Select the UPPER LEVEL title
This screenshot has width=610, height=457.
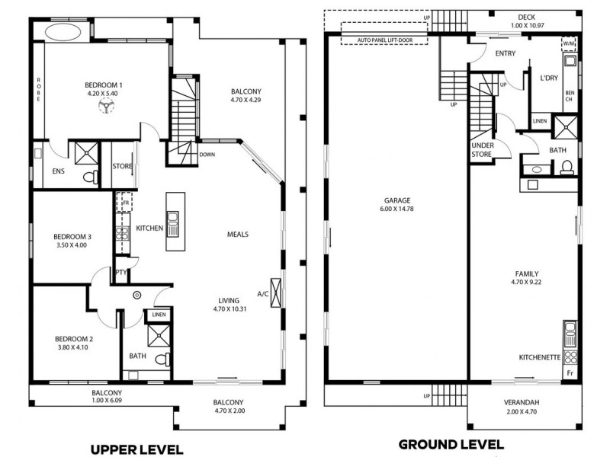click(x=137, y=449)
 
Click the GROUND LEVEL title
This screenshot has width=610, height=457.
click(x=451, y=444)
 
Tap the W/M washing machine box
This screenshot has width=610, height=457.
click(x=570, y=44)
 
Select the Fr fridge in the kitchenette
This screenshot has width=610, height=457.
click(x=570, y=374)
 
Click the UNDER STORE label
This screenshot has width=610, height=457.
click(x=483, y=150)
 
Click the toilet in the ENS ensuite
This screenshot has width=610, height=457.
click(x=90, y=177)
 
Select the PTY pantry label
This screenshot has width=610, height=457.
click(x=120, y=272)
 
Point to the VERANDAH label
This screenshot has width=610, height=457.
click(x=522, y=403)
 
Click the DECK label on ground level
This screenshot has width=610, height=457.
click(x=526, y=17)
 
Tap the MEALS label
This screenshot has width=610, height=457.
click(x=238, y=234)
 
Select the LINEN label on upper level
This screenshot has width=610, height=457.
click(x=159, y=314)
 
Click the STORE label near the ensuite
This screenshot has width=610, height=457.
click(x=123, y=165)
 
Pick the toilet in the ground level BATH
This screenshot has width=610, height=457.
click(x=567, y=170)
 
